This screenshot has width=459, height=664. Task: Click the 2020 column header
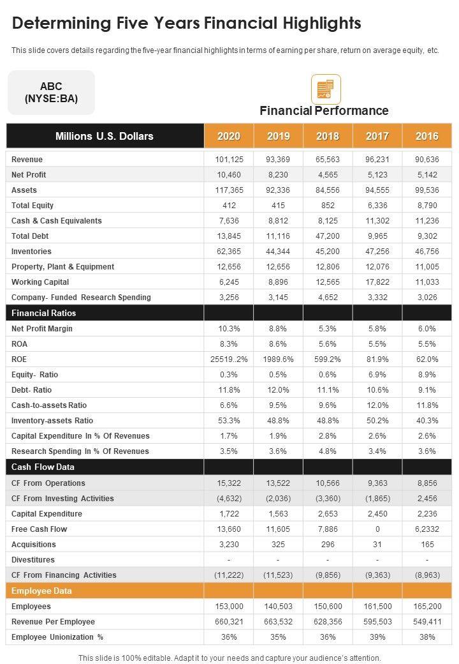[x=229, y=136]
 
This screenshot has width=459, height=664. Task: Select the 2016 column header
[x=427, y=136]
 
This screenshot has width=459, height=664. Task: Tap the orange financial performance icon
[x=326, y=89]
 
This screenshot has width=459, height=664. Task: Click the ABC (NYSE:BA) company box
[x=51, y=93]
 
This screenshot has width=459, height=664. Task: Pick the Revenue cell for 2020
[x=229, y=160]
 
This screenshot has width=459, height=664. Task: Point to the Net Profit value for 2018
[x=328, y=175]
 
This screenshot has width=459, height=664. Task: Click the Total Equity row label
[x=33, y=206]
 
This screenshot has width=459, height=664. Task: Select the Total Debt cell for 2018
[x=328, y=236]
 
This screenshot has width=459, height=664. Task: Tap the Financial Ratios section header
[x=44, y=313]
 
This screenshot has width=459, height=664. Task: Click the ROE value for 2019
[x=278, y=359]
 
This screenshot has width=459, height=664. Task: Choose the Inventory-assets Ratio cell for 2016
[x=427, y=421]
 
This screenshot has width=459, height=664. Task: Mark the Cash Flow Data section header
[x=43, y=467]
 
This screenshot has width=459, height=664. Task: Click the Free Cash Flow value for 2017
[x=377, y=529]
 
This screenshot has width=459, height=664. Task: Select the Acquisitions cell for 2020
[x=229, y=545]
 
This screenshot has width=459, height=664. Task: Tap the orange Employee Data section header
[x=41, y=591]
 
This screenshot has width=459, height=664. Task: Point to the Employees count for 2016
[x=427, y=607]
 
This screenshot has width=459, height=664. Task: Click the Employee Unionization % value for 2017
[x=377, y=637]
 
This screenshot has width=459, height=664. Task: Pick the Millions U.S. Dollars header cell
[x=105, y=136]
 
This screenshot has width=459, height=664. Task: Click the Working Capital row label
[x=40, y=282]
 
